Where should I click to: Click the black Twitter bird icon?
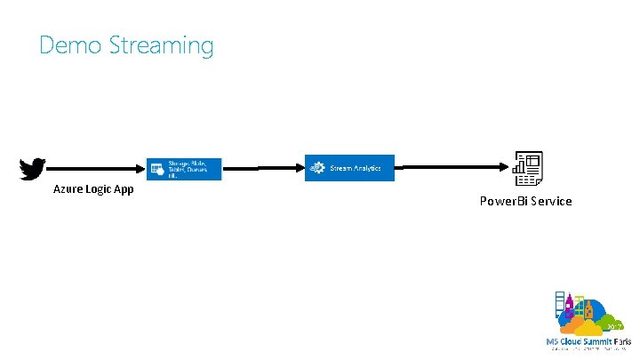pyautogui.click(x=32, y=169)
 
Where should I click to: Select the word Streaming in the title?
pyautogui.click(x=161, y=46)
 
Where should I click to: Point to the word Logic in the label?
pyautogui.click(x=100, y=189)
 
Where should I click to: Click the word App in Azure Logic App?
pyautogui.click(x=124, y=189)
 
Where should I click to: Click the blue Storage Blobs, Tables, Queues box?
pyautogui.click(x=184, y=169)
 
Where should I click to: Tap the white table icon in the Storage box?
pyautogui.click(x=156, y=166)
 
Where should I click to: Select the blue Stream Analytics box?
pyautogui.click(x=349, y=167)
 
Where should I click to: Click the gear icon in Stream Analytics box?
pyautogui.click(x=317, y=167)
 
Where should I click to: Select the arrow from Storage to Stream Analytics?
pyautogui.click(x=263, y=166)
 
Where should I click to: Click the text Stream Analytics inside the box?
pyautogui.click(x=356, y=167)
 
